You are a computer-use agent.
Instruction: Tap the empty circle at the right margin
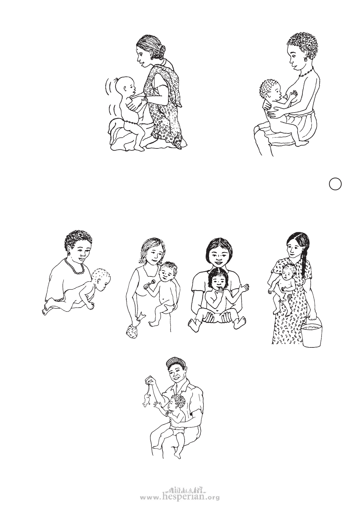[335, 184]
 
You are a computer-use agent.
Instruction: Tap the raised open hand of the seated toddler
[244, 288]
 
